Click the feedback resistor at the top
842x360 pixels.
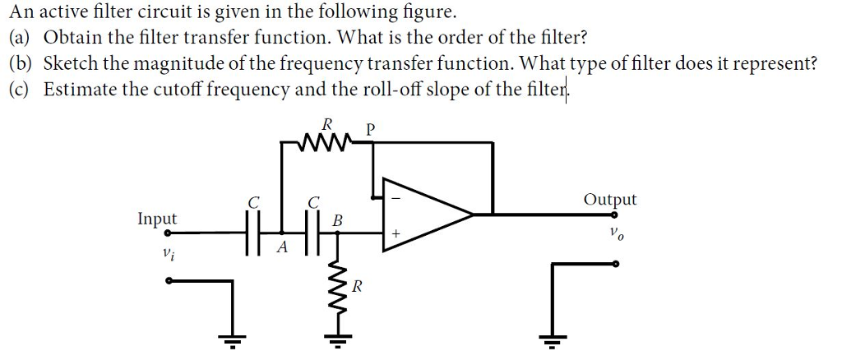[x=327, y=145]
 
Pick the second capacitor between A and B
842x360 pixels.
[x=312, y=233]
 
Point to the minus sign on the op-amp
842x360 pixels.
[x=396, y=197]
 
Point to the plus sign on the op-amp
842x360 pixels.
[x=396, y=234]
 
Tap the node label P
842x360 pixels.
[x=370, y=129]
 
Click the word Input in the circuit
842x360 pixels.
[x=156, y=219]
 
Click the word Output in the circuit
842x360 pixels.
[x=609, y=200]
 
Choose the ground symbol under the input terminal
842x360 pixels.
[x=233, y=339]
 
